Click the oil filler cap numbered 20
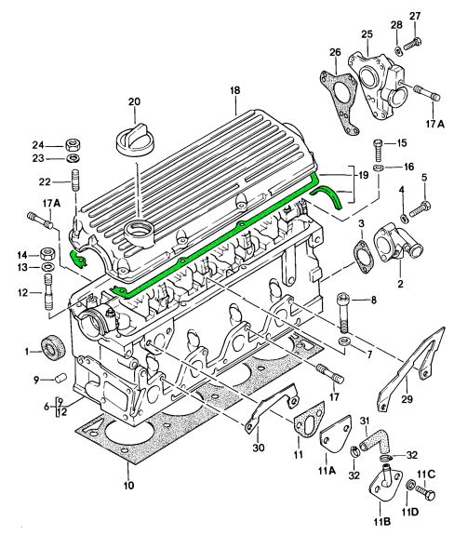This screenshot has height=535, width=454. pyautogui.click(x=136, y=140)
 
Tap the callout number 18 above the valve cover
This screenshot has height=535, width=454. pyautogui.click(x=235, y=90)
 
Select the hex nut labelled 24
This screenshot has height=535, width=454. pyautogui.click(x=72, y=146)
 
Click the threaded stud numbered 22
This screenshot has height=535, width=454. pyautogui.click(x=74, y=181)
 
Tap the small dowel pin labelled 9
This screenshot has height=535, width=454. pyautogui.click(x=60, y=379)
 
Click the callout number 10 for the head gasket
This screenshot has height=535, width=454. pyautogui.click(x=129, y=485)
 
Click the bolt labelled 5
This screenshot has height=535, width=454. pyautogui.click(x=420, y=208)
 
